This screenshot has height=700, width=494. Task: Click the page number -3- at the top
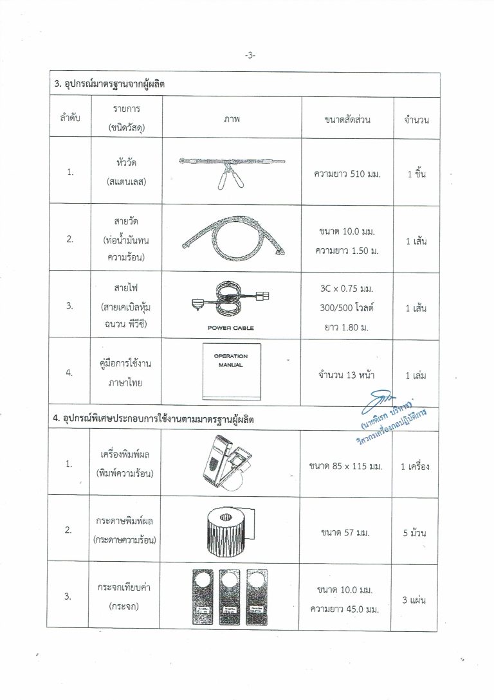pyautogui.click(x=250, y=56)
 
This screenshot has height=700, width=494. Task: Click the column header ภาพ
pyautogui.click(x=231, y=119)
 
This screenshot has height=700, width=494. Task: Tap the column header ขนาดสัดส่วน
pyautogui.click(x=347, y=119)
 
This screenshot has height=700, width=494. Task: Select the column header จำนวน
pyautogui.click(x=416, y=120)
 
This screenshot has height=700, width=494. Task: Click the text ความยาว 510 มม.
pyautogui.click(x=347, y=174)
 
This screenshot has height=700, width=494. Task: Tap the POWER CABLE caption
pyautogui.click(x=231, y=328)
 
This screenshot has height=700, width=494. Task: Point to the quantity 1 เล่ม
pyautogui.click(x=416, y=374)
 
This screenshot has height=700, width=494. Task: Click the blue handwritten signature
pyautogui.click(x=380, y=403)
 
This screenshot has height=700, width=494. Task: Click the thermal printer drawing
pyautogui.click(x=230, y=462)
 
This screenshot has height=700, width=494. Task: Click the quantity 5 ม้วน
pyautogui.click(x=417, y=533)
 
